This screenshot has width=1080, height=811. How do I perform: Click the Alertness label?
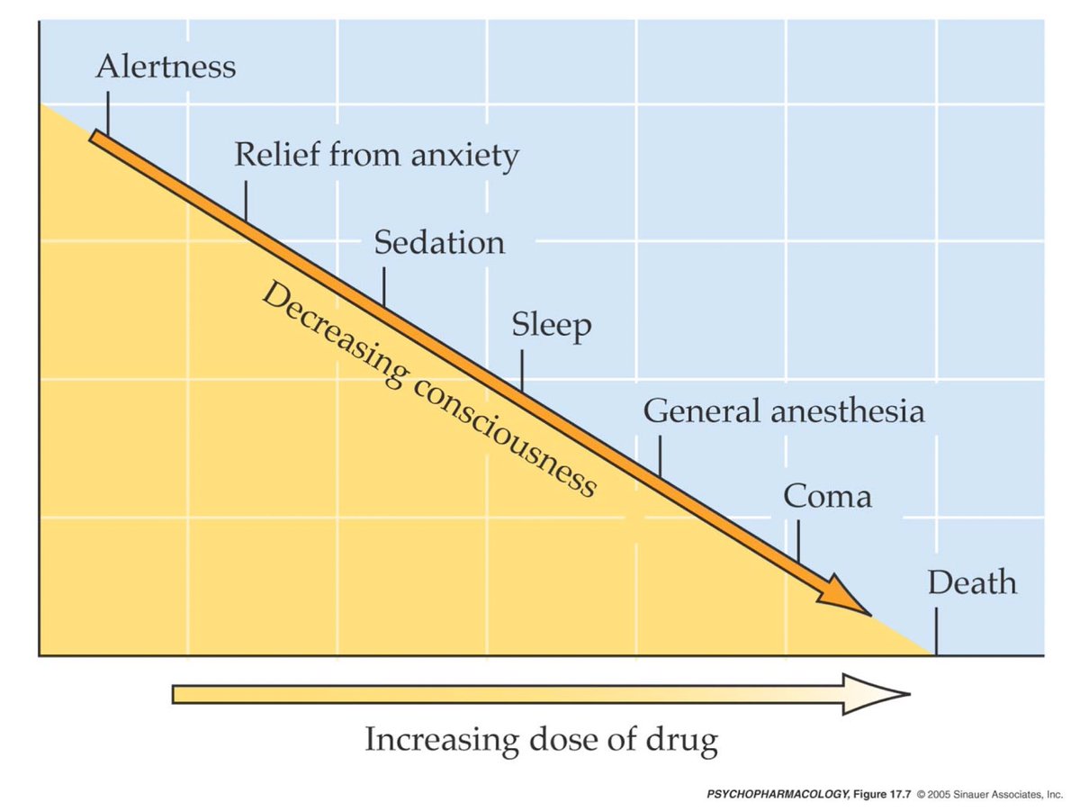click(166, 67)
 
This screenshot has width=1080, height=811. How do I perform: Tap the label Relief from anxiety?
click(376, 155)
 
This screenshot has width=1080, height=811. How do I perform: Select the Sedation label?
click(439, 243)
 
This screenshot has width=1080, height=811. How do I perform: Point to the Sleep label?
click(552, 326)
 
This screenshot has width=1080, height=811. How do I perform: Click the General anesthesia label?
click(783, 411)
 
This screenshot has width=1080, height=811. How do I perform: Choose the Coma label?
click(826, 496)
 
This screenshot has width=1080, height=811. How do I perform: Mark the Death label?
click(972, 583)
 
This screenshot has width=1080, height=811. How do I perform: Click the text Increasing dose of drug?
click(541, 741)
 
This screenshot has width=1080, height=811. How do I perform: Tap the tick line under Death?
click(935, 631)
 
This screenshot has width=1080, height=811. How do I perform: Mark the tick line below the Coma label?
click(798, 540)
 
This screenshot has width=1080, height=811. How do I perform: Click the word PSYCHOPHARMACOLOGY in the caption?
click(774, 796)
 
